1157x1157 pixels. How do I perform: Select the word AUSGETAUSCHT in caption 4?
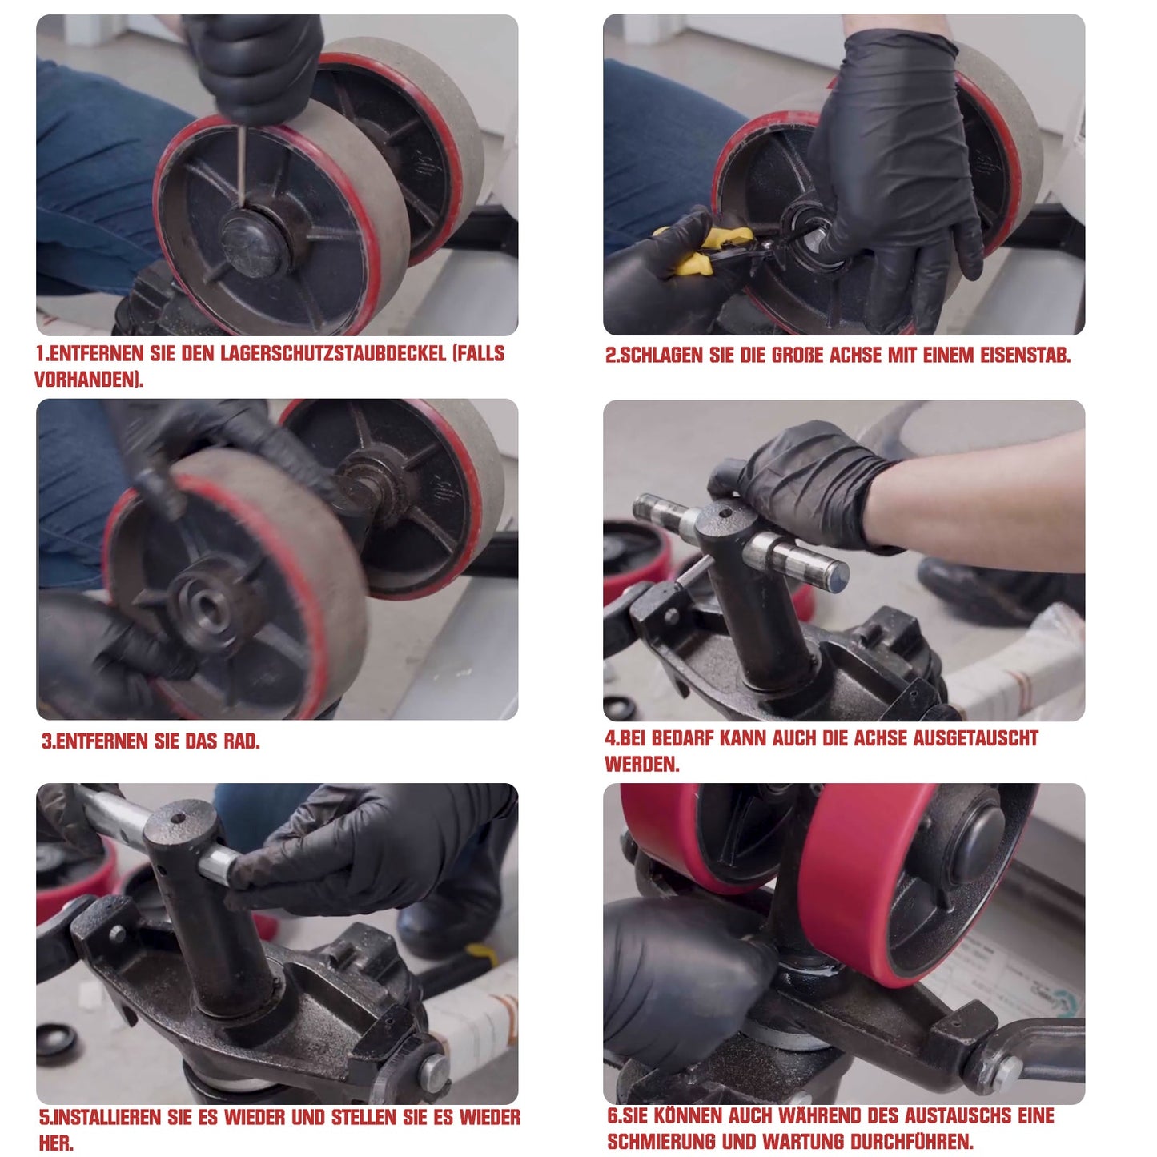976,738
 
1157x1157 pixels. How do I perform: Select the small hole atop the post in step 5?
178,818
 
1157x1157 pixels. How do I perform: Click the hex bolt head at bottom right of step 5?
433,1074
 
